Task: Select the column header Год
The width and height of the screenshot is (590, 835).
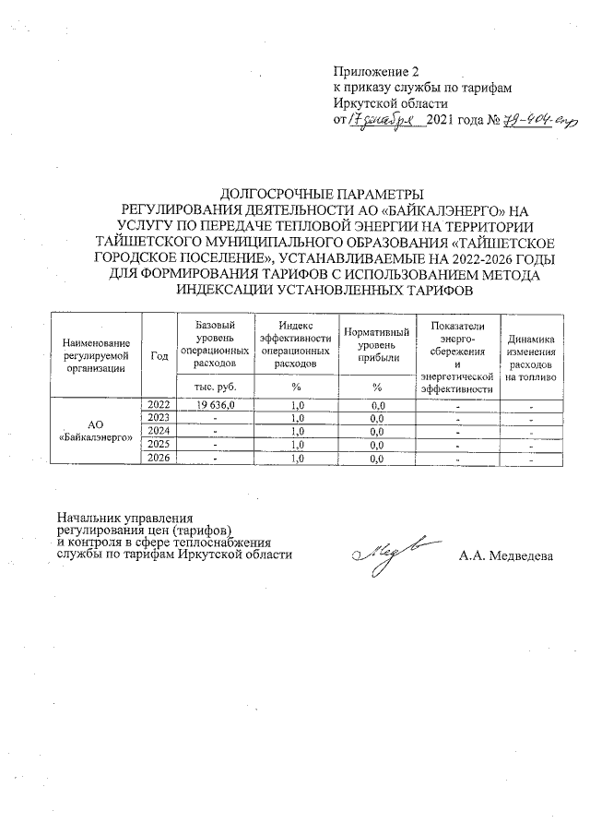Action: [159, 355]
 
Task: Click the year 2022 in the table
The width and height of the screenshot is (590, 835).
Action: [159, 405]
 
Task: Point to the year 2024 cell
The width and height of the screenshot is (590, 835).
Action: [159, 431]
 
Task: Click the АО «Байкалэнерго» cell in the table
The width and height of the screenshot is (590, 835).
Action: [95, 431]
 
